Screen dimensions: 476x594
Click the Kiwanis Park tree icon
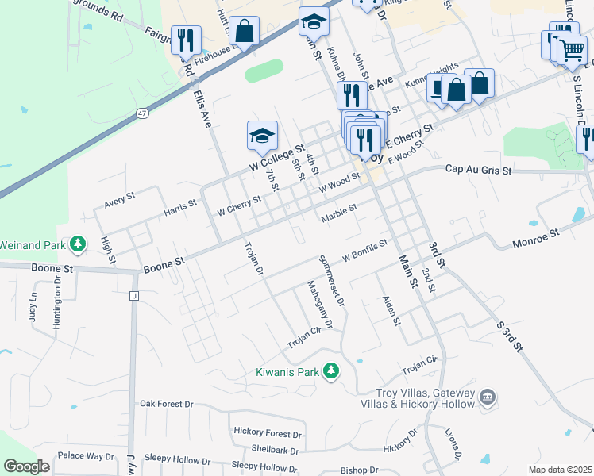tap(333, 370)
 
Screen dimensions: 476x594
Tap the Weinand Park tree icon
tap(78, 243)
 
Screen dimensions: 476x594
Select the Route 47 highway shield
tap(142, 113)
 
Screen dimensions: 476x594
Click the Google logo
tap(26, 466)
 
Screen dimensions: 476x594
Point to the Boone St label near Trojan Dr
tap(164, 261)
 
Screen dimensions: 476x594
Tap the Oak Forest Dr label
tap(167, 404)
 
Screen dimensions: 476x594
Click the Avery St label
tap(120, 197)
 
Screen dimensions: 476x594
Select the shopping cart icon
tap(571, 50)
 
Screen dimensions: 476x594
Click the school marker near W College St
tap(261, 136)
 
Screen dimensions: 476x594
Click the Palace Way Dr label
tap(86, 456)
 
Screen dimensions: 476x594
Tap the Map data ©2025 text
tap(561, 470)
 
